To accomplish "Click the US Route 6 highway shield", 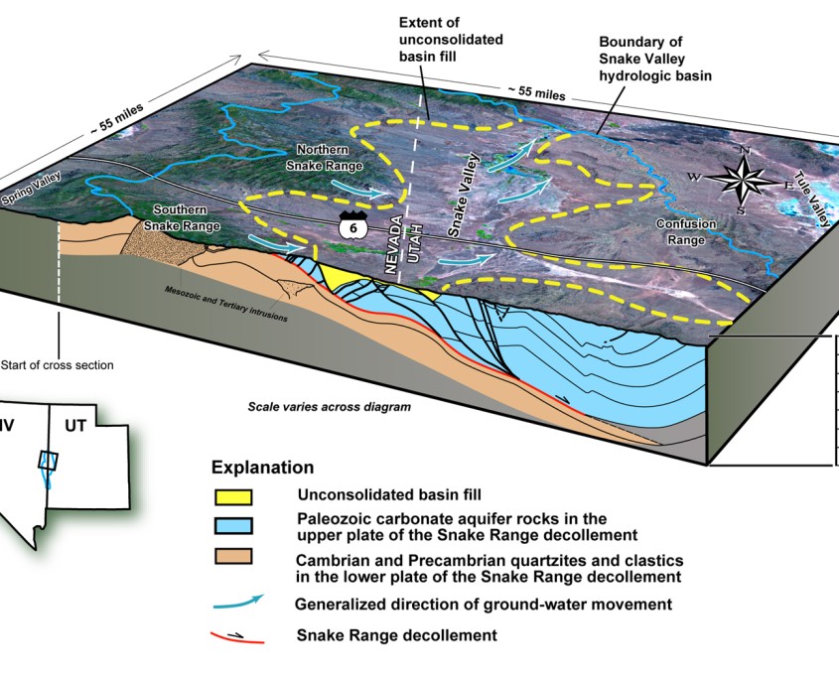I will [x=349, y=225].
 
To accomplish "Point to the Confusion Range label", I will [x=685, y=230].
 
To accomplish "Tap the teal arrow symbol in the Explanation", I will [x=238, y=602].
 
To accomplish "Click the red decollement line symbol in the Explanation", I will [x=238, y=634].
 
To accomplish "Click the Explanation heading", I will [x=262, y=468].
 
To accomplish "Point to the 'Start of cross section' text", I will [x=57, y=364].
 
